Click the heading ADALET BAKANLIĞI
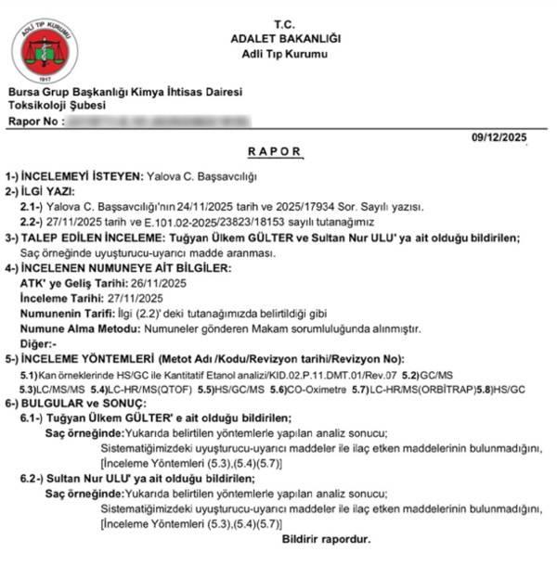click(286, 38)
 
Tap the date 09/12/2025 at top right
click(499, 137)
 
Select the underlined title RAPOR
click(275, 150)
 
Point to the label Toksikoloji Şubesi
click(55, 107)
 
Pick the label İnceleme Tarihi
click(58, 298)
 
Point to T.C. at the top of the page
click(284, 22)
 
